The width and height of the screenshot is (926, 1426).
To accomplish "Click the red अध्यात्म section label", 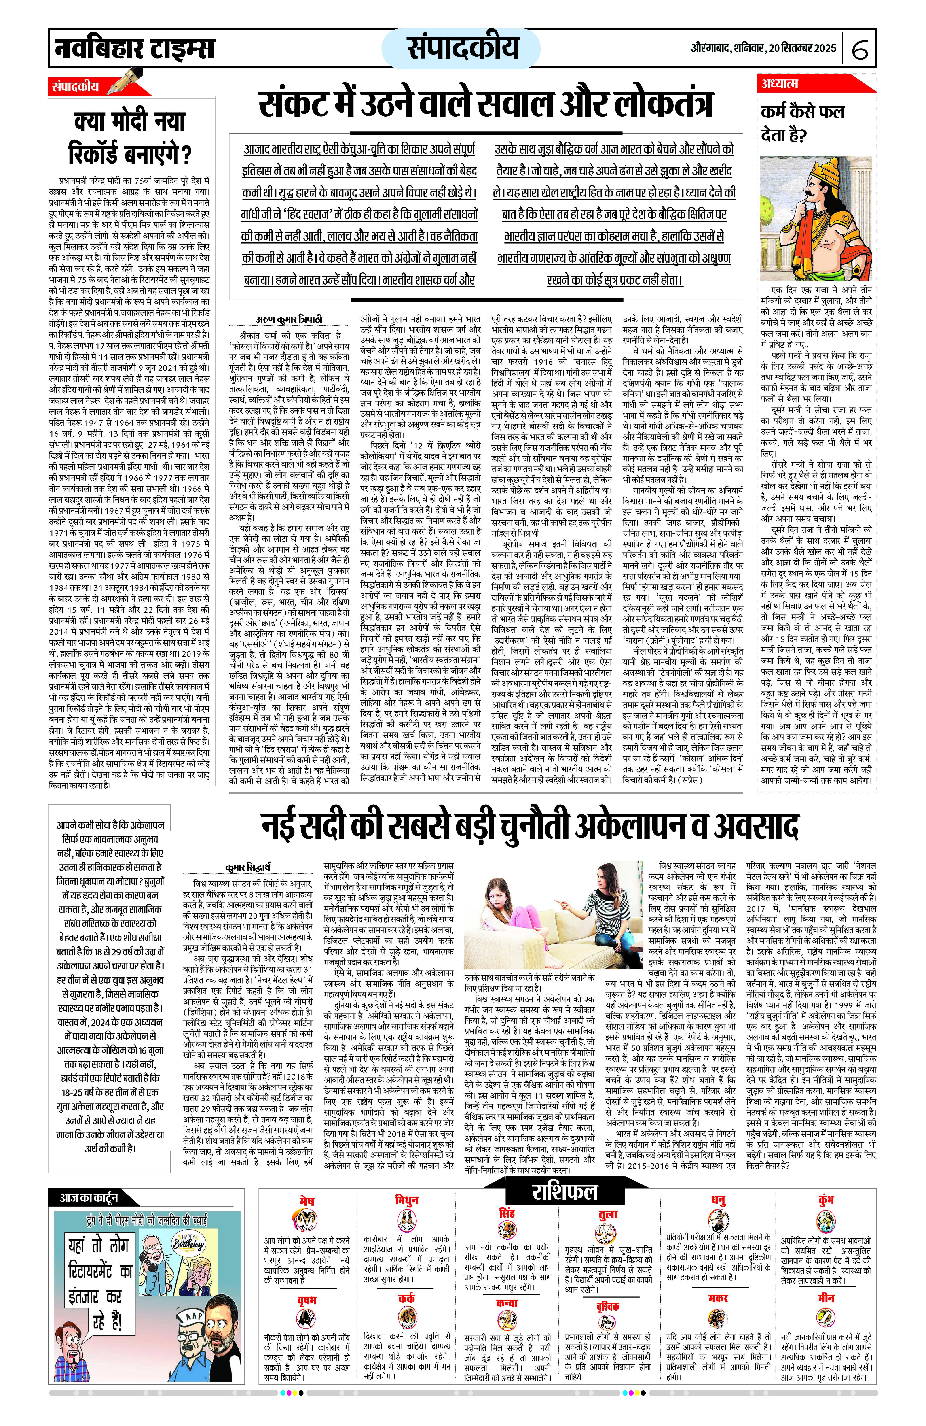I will click(780, 84).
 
